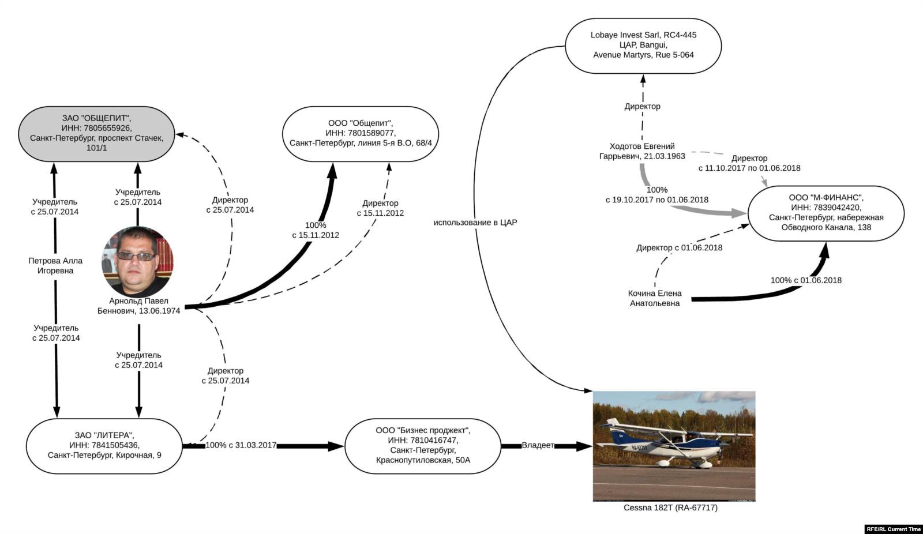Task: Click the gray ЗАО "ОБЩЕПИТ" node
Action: [x=96, y=133]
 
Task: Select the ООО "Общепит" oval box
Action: [x=361, y=133]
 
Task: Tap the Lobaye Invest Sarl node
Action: [x=643, y=45]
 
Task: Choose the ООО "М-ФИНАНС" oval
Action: [x=826, y=213]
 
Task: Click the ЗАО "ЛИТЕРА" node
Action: [x=104, y=445]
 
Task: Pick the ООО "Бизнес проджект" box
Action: [x=423, y=445]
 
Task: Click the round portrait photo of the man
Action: [x=137, y=261]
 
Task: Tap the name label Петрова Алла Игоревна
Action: [x=55, y=266]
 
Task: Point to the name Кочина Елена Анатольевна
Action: [x=655, y=298]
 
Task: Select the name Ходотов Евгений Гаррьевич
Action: [x=642, y=151]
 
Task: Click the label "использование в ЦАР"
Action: [x=475, y=222]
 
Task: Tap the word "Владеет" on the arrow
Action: [x=538, y=445]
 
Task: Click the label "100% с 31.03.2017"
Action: [x=241, y=445]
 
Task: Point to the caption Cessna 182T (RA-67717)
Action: [x=670, y=507]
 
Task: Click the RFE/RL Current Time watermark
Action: [x=894, y=529]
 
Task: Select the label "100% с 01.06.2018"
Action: [x=806, y=280]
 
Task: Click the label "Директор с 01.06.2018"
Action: [x=680, y=247]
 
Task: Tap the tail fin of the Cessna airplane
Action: [x=609, y=427]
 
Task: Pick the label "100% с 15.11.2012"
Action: [x=316, y=230]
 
